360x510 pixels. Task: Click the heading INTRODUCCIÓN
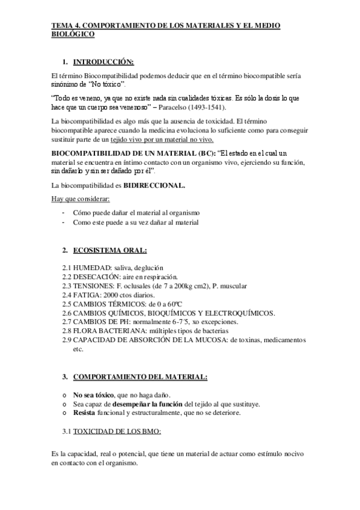point(103,62)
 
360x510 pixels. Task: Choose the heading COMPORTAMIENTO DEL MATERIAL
point(141,377)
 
